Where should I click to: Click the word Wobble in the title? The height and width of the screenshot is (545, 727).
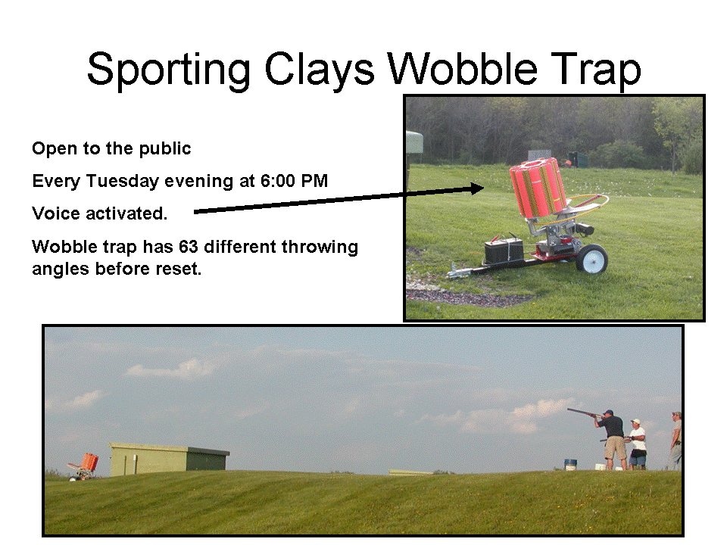point(462,69)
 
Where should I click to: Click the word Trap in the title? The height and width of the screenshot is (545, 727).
point(596,70)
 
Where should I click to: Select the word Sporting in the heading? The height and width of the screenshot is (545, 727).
point(169,70)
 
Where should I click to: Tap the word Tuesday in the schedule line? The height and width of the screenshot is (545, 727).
point(123,181)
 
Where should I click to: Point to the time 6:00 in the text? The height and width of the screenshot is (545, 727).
point(278,181)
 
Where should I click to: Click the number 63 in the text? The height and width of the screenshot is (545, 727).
point(189,247)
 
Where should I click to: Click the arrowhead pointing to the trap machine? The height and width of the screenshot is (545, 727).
point(476,188)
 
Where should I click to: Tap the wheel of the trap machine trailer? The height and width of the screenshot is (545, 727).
point(591,259)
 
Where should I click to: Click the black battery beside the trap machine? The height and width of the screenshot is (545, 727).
point(504,251)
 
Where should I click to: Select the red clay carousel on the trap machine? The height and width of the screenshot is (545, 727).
point(538,188)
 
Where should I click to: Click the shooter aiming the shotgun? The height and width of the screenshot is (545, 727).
point(613,440)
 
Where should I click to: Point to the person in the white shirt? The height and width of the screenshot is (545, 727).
point(638,444)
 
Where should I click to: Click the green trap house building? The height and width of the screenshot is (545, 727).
point(169,459)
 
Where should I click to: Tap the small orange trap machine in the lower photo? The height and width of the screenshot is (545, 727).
point(84,466)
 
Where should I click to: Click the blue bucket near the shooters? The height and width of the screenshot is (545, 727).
point(570,464)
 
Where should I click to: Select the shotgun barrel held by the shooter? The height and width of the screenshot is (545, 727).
point(583,413)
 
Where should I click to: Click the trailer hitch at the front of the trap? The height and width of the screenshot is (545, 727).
point(459,272)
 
